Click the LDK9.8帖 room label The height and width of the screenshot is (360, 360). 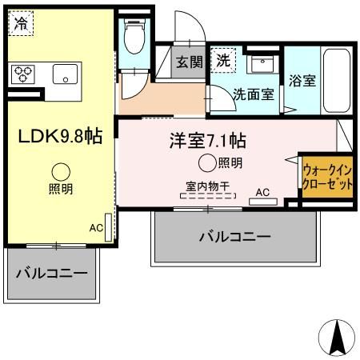[60, 136]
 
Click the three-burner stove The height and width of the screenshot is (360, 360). [22, 75]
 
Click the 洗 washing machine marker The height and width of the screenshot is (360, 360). [224, 60]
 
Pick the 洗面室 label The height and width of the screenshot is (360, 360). [253, 93]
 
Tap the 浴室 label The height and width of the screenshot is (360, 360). [302, 81]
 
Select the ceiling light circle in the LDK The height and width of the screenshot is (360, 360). [61, 171]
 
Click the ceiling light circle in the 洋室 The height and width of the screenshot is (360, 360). [207, 164]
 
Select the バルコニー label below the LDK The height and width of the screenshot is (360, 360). [52, 273]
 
